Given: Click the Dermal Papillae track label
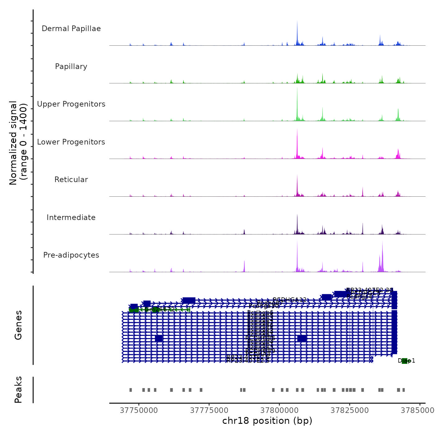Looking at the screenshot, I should [x=71, y=29].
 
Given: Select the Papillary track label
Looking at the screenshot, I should [x=71, y=66].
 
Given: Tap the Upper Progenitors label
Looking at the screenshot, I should [x=71, y=104].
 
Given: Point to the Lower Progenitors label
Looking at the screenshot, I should [x=71, y=142].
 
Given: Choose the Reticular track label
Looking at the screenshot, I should [x=71, y=180].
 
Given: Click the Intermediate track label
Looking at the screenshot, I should [x=71, y=217].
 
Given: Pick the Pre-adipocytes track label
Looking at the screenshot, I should [x=71, y=255].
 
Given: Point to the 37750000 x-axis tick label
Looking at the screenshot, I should [x=139, y=410].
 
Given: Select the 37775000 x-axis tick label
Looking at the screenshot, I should [x=209, y=410].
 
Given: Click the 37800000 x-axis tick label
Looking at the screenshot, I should [x=279, y=410].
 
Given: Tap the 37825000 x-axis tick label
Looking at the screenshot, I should [x=350, y=410].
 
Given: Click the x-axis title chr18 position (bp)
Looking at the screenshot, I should [x=267, y=421].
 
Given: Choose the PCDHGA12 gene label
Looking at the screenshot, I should [x=290, y=300].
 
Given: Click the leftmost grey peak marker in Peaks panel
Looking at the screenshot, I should [x=130, y=390].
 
